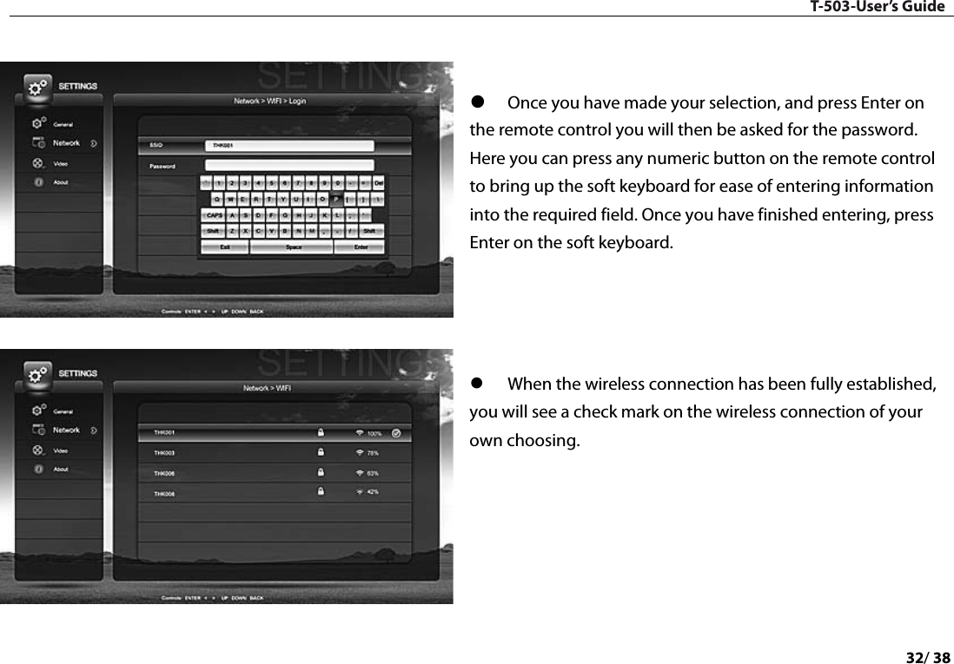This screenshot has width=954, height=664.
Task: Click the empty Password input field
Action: pos(289,165)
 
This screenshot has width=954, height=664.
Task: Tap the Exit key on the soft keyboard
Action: pos(225,247)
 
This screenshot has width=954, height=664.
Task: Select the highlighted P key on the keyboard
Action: pos(336,199)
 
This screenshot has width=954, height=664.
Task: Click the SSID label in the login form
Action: pos(156,146)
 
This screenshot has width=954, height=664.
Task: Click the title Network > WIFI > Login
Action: pos(269,101)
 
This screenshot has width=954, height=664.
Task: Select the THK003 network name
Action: pos(164,452)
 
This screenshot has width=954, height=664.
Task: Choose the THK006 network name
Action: pos(164,473)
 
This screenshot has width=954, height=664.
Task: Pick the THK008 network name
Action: pos(164,494)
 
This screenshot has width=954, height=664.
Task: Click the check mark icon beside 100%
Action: pos(397,432)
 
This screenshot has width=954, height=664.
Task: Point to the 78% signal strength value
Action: pos(373,452)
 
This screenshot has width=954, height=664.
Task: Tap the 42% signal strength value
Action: pos(373,492)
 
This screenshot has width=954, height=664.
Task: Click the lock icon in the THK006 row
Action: pos(321,472)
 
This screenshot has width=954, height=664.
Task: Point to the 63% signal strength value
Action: pos(373,473)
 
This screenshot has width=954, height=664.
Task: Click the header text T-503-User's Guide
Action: pos(878,7)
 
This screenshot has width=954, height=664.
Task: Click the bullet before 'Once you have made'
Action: pos(476,104)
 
